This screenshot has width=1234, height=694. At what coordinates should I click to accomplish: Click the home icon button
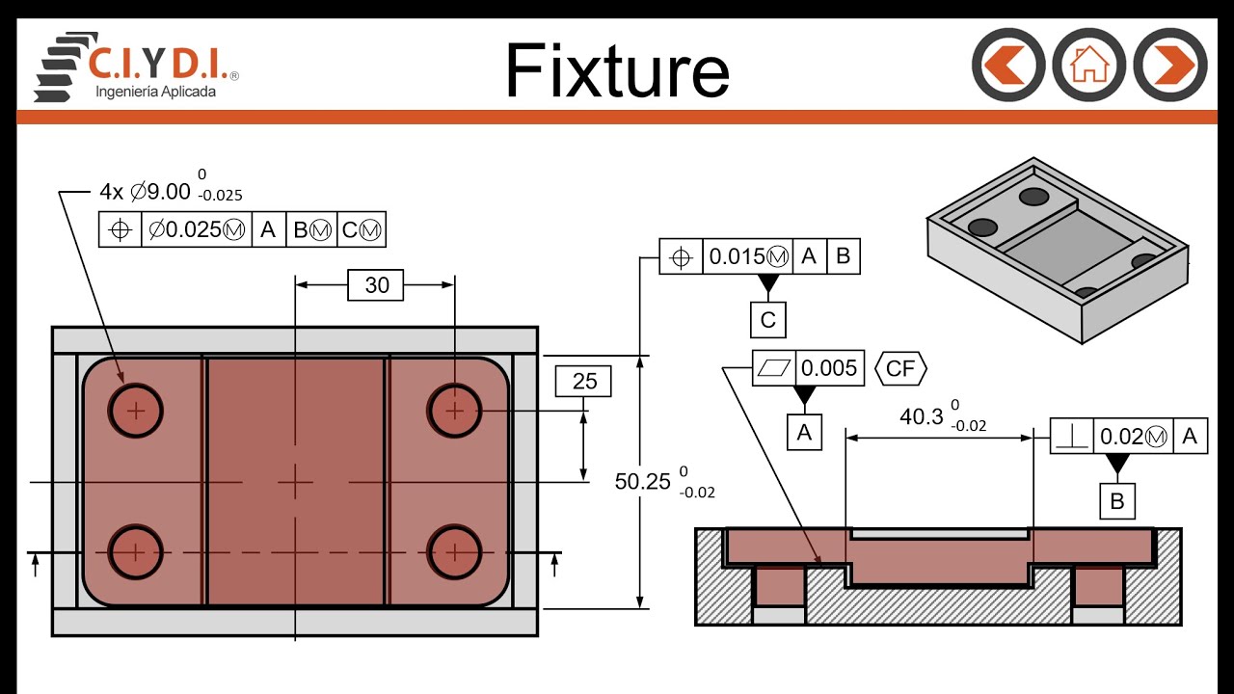tap(1088, 65)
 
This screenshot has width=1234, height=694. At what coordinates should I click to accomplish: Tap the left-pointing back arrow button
tap(1008, 65)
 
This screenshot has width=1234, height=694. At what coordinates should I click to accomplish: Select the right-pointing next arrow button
tap(1170, 65)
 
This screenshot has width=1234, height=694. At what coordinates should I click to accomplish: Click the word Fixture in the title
tap(618, 70)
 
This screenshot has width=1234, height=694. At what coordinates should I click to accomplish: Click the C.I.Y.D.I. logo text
tap(158, 64)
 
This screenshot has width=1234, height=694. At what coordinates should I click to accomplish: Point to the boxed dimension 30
tap(376, 285)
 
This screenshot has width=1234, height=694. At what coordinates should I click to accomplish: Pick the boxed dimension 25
tap(583, 381)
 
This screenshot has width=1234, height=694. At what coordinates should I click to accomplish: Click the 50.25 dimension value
tap(642, 481)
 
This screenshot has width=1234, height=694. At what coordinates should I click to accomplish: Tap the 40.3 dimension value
tap(922, 416)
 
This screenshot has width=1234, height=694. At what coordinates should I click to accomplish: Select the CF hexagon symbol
tap(900, 368)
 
